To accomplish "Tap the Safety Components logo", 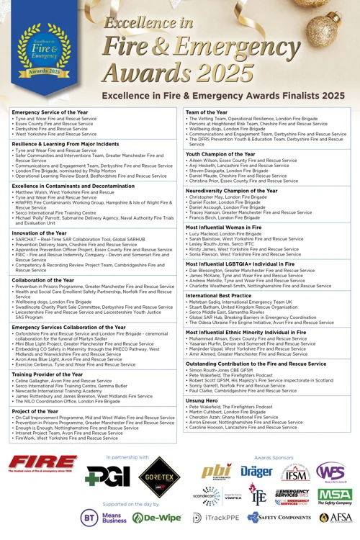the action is point(274,517).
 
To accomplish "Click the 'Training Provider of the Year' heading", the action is point(48,375).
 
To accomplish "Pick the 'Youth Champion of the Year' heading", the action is point(221,153).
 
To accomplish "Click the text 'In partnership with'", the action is point(127,457).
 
